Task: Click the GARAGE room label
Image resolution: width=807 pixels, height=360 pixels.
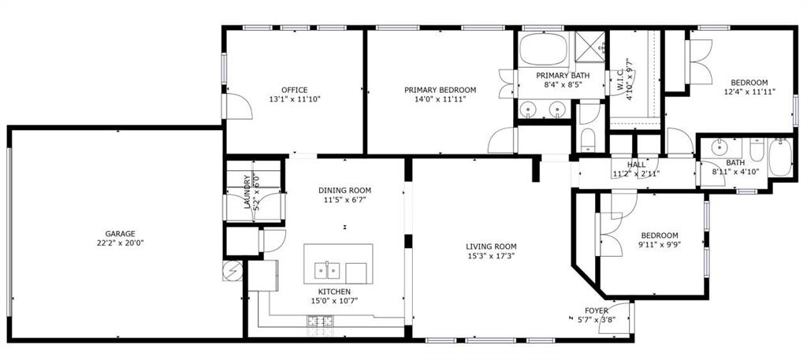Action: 121,234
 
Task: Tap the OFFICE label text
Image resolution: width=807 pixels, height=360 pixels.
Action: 295,90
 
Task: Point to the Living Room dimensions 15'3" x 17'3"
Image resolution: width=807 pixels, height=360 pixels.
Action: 491,256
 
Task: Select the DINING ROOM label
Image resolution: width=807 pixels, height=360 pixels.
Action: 344,191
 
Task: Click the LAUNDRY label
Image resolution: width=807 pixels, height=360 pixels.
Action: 247,191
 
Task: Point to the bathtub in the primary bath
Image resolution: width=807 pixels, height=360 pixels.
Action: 541,49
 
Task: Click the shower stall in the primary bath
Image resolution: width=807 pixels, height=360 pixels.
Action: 588,48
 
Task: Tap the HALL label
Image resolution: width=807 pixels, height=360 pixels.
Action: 636,165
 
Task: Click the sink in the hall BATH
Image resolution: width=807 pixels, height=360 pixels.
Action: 719,147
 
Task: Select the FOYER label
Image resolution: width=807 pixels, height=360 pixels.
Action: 596,310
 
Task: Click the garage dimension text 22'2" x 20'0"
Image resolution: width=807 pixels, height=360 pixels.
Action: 121,243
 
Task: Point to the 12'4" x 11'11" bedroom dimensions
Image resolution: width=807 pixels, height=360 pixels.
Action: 749,91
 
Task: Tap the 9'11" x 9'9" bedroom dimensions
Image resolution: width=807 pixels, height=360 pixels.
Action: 659,244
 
